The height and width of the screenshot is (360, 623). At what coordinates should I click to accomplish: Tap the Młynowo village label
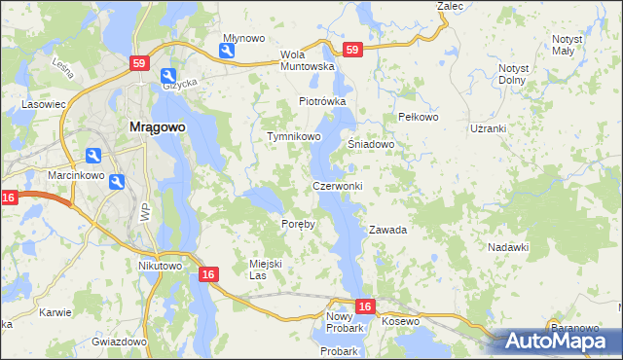243,38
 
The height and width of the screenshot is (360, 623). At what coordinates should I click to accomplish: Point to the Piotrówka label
322,101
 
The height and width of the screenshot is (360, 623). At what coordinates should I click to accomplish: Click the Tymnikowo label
294,137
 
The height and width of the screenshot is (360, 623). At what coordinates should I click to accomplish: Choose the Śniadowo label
371,144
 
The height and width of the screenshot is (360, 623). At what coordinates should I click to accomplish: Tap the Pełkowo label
420,117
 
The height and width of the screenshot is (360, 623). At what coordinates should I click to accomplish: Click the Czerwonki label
338,186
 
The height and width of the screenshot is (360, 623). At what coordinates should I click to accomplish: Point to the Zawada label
386,231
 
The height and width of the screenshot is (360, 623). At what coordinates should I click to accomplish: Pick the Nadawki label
507,247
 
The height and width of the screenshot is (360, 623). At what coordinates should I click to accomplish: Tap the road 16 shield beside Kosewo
364,306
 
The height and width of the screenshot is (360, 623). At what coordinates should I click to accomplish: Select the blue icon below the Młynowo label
227,53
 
